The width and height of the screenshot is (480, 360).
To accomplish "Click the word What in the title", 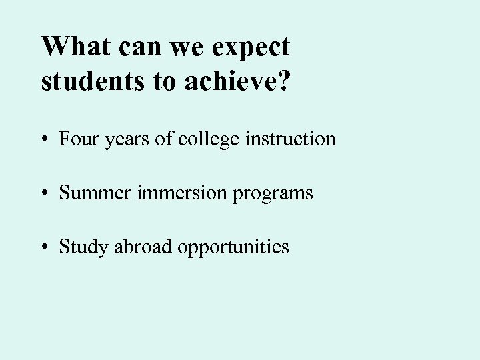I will click(74, 47).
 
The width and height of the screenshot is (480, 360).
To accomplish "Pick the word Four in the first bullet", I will click(76, 139).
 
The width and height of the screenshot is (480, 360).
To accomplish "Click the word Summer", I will click(93, 193).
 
